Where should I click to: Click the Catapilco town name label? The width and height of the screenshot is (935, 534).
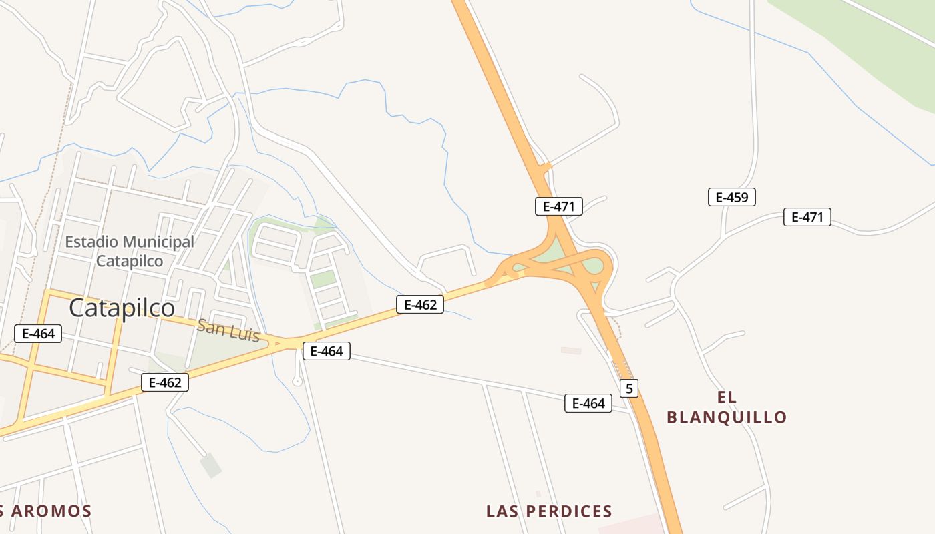[122, 308]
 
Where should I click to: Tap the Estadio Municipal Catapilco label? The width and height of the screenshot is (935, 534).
[130, 251]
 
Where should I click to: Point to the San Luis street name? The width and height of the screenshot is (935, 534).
[228, 330]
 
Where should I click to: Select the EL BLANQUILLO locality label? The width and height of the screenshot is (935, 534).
[727, 407]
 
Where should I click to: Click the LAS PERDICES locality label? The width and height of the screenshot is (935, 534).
[549, 511]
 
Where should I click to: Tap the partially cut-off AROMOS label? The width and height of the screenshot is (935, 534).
[45, 511]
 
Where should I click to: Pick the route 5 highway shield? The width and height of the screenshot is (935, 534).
[628, 388]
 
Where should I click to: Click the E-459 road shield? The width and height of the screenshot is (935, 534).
[731, 197]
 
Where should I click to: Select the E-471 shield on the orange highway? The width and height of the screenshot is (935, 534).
[558, 206]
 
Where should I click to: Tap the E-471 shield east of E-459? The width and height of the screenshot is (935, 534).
[807, 217]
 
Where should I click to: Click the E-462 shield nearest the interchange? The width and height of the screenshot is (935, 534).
[420, 305]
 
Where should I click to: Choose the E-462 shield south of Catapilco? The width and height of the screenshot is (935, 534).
[165, 382]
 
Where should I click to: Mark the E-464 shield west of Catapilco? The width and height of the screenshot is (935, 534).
[38, 333]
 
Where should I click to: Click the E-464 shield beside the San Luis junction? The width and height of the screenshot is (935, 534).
[326, 351]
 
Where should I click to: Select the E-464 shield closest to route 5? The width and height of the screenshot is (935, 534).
[588, 403]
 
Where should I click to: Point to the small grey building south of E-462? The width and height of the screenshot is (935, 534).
[211, 465]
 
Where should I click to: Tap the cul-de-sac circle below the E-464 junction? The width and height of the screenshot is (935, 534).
[297, 381]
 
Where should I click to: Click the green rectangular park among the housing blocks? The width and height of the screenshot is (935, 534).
[323, 279]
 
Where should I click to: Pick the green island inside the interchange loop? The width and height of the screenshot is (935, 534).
[592, 267]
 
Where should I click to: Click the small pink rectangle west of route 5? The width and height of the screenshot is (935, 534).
[570, 350]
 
